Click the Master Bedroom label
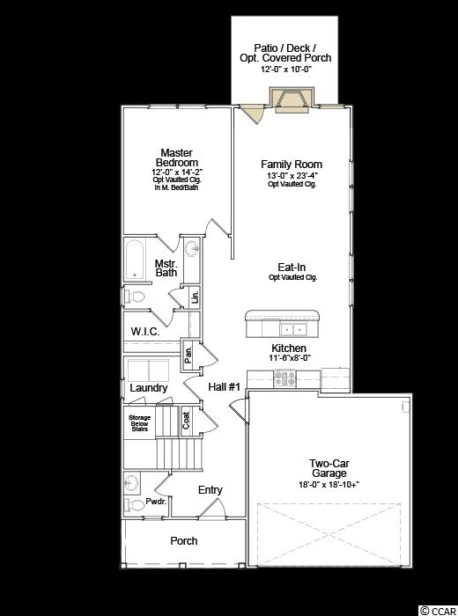176,158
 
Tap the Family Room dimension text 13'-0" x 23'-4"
292,175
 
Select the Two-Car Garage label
329,468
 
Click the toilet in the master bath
133,297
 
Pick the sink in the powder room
131,483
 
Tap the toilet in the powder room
132,504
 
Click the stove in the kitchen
285,378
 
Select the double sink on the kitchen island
293,329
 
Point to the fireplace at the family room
292,99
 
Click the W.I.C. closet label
145,332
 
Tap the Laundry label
149,388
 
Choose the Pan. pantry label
188,356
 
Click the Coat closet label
186,421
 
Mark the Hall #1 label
224,387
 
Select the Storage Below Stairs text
139,423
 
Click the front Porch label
183,541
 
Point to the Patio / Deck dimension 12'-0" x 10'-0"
285,70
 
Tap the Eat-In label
292,268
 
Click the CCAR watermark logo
437,610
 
